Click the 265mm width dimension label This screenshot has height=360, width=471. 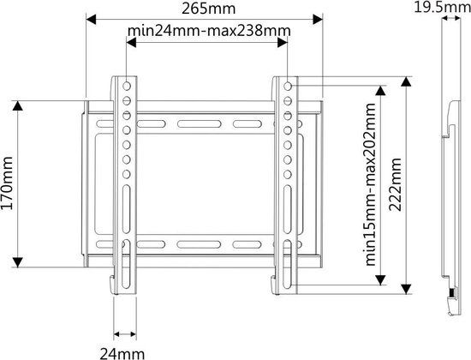point(208,9)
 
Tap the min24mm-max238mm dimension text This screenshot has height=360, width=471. point(209,30)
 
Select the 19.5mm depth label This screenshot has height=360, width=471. point(442,7)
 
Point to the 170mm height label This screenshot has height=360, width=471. point(7,183)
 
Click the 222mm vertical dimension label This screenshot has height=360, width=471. point(395,184)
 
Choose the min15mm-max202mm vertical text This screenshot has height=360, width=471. point(370,184)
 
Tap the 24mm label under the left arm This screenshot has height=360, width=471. point(122,353)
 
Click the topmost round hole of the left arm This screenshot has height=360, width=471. point(127,87)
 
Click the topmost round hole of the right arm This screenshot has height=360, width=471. point(288,87)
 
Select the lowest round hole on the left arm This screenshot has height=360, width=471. point(127,174)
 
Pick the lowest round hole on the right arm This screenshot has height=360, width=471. point(288,174)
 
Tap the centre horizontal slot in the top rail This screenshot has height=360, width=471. point(200,123)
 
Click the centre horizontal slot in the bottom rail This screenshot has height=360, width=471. point(200,244)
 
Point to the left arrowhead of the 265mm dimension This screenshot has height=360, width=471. point(91,19)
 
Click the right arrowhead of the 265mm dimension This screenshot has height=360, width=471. point(318,19)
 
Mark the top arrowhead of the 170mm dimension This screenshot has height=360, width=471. point(18,106)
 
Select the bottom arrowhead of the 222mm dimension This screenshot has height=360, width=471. point(406,289)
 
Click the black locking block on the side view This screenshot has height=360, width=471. point(451,292)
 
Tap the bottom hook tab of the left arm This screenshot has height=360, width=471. point(111,285)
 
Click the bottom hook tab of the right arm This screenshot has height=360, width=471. point(273,285)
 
